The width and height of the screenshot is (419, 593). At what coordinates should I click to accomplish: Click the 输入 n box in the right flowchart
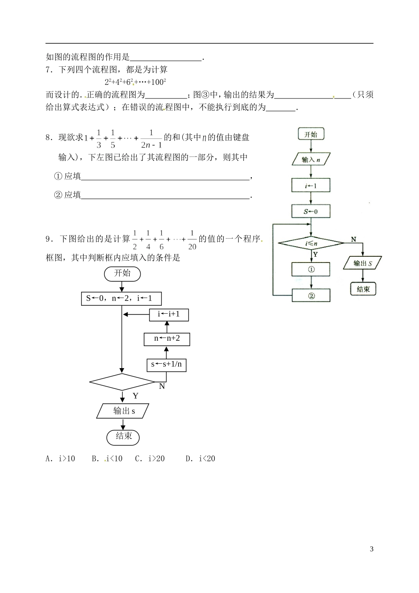coord(311,160)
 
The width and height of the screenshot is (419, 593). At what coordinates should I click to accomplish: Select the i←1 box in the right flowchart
coord(311,186)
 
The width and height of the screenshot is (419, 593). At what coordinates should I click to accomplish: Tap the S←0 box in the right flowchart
coord(311,211)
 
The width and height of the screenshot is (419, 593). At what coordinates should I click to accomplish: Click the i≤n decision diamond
coord(311,243)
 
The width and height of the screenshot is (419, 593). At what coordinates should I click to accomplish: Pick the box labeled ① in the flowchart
coord(311,269)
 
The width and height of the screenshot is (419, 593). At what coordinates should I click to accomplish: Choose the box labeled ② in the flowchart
coord(311,295)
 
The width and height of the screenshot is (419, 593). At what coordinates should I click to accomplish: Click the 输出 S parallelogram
coord(363,263)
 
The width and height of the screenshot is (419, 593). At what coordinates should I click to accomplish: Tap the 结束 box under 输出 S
coord(363,289)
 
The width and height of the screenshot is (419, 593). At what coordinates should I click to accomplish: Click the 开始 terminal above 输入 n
coord(311,134)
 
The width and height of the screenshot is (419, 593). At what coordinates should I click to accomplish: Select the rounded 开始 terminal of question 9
coord(123,274)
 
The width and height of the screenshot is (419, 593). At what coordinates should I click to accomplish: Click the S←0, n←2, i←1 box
coord(121,299)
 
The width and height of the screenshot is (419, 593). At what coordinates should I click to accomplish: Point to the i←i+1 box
coord(167,314)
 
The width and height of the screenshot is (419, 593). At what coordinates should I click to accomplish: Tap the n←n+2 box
coord(167,339)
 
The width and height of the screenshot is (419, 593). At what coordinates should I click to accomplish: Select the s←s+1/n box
coord(167,365)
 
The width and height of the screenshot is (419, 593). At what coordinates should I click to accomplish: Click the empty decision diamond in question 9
coord(122,382)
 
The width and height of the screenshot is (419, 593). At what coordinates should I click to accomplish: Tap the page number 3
coord(371,549)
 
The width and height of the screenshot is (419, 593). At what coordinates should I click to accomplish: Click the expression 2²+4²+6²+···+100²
coord(135,82)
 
